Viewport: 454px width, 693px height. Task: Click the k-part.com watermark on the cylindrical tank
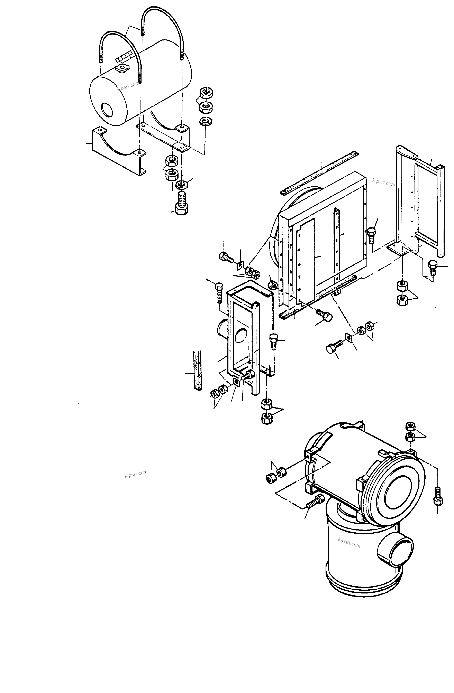(128, 86)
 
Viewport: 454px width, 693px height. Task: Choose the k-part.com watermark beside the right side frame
(383, 183)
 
